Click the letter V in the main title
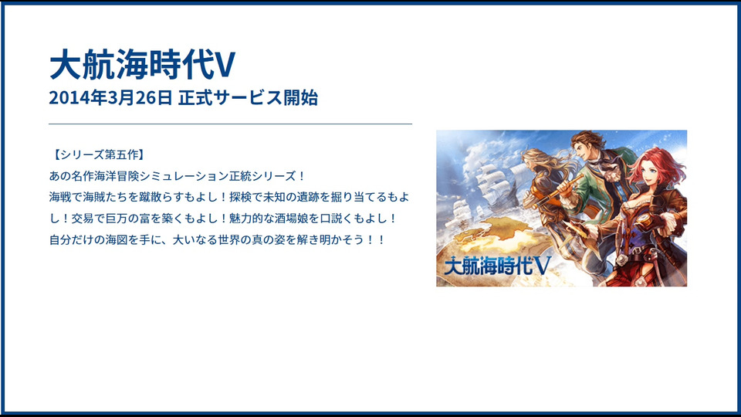tap(225, 65)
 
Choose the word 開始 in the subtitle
tap(300, 97)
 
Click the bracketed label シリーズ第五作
tap(98, 154)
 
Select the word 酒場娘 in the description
tap(291, 219)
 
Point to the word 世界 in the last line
tap(229, 239)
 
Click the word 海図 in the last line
tap(117, 239)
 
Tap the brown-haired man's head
tap(587, 147)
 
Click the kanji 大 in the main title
tap(65, 65)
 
